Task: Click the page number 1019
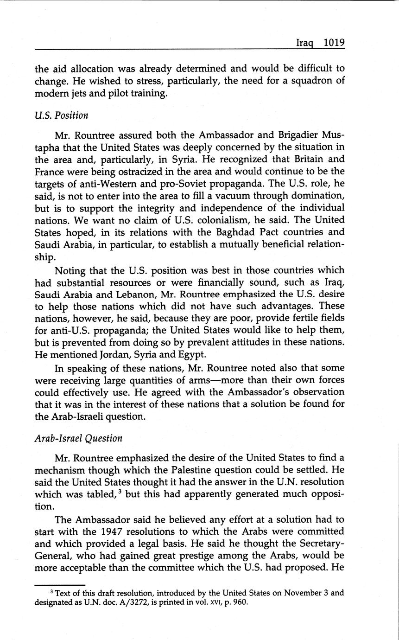click(334, 43)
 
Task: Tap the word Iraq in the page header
click(305, 43)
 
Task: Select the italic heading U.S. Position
click(61, 115)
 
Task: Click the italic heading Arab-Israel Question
click(78, 438)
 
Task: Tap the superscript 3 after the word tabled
click(120, 492)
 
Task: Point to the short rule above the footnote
click(60, 585)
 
